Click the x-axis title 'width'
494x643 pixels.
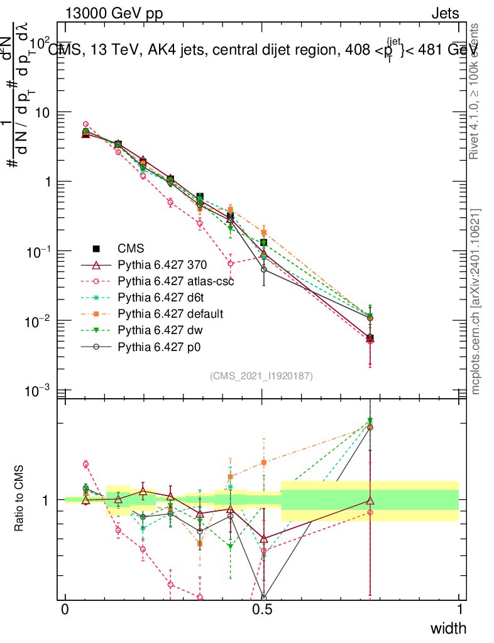448,628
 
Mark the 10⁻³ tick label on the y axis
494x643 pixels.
38,391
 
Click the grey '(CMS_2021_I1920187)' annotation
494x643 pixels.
261,376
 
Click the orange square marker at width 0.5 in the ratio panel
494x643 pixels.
264,462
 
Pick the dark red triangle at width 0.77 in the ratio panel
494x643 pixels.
370,500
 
